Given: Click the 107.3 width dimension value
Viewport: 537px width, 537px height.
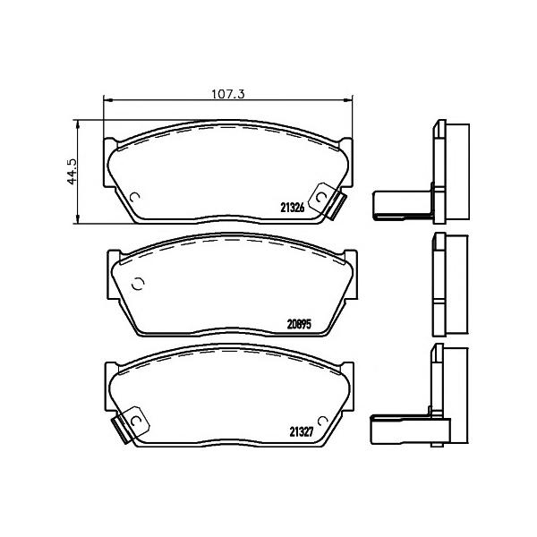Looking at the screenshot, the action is tap(227, 93).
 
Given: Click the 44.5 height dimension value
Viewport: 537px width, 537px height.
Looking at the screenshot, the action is tap(72, 172).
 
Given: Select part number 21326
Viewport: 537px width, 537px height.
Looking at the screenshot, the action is tap(292, 208).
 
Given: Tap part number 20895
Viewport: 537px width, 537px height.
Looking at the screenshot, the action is tap(299, 324).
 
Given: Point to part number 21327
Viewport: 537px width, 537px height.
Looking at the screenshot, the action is tap(302, 432).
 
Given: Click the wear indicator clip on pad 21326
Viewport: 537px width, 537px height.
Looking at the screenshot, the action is tap(328, 200).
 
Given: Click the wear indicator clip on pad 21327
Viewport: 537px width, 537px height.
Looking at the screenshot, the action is tap(131, 424).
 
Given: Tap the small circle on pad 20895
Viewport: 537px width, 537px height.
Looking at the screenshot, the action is tap(138, 284).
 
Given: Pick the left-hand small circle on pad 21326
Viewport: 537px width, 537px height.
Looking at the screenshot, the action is tap(135, 197).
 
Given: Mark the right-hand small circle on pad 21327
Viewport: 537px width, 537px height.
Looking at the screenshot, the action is tap(322, 421).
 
